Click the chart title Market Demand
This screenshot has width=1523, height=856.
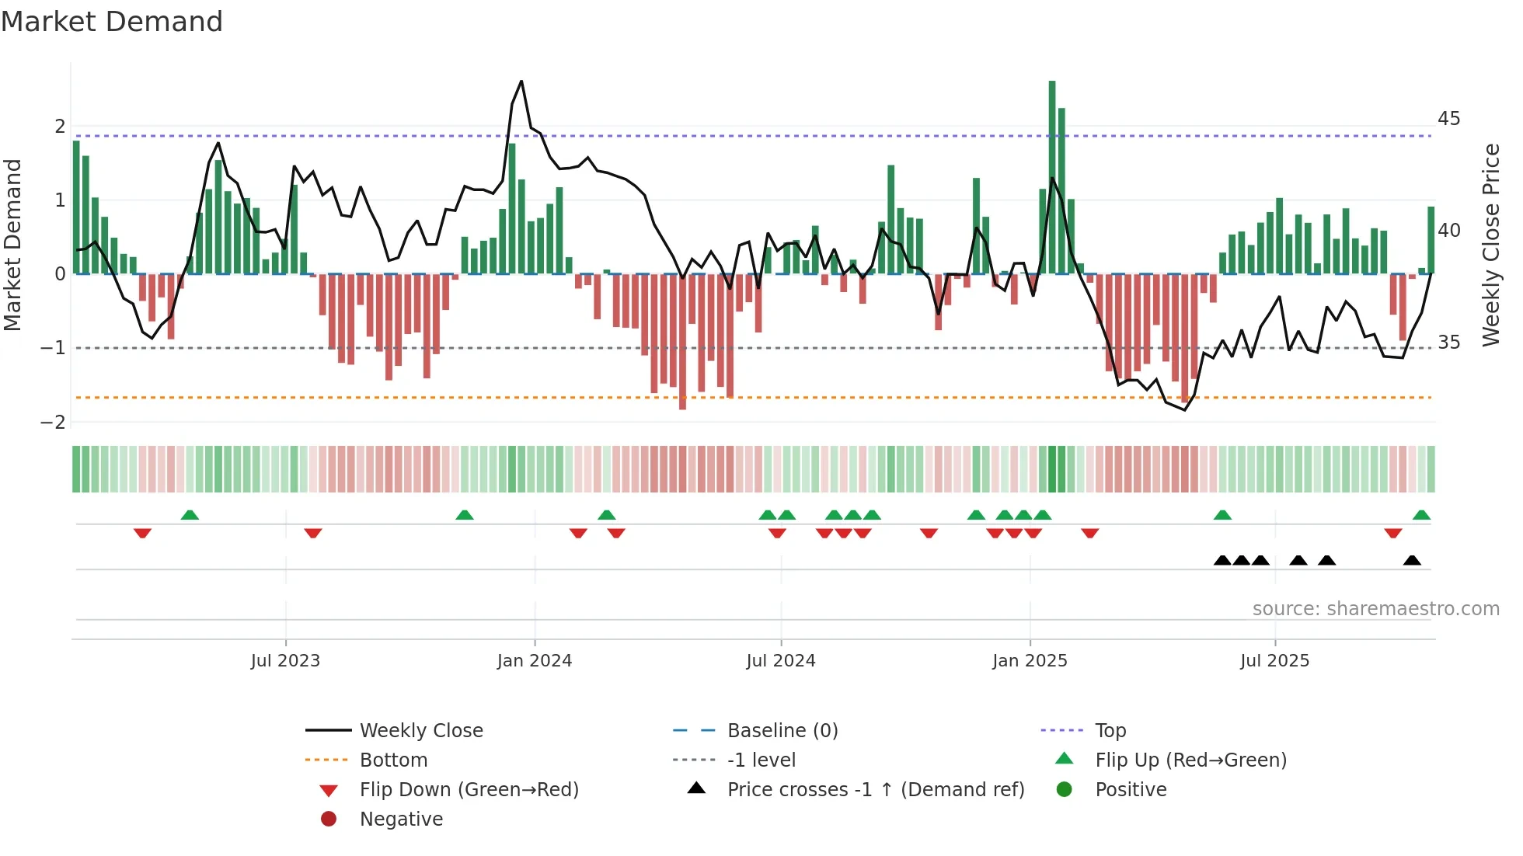tap(112, 21)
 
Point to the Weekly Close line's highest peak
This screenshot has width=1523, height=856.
tap(521, 82)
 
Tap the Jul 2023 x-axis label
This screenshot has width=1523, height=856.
tap(285, 661)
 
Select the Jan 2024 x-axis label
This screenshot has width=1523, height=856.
tap(535, 661)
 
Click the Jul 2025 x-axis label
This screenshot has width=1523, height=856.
tap(1274, 661)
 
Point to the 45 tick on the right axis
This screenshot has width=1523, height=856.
tap(1448, 119)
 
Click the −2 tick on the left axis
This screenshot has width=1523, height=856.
tap(54, 422)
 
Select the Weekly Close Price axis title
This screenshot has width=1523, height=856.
tap(1490, 245)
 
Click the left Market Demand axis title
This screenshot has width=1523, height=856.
tap(13, 245)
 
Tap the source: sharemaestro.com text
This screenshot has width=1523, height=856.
tap(1375, 608)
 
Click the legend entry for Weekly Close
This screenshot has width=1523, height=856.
tap(421, 730)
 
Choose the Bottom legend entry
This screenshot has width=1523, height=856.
tap(393, 760)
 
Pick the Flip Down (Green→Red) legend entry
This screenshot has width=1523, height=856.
tap(469, 789)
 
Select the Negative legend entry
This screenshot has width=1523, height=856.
tap(401, 819)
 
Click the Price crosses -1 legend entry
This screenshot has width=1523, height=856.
tap(875, 789)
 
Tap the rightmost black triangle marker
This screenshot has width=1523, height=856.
tap(1412, 560)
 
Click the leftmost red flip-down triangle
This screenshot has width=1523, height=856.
tap(142, 533)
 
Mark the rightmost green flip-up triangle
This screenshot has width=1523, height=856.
tap(1421, 515)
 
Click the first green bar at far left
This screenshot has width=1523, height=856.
tap(76, 207)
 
